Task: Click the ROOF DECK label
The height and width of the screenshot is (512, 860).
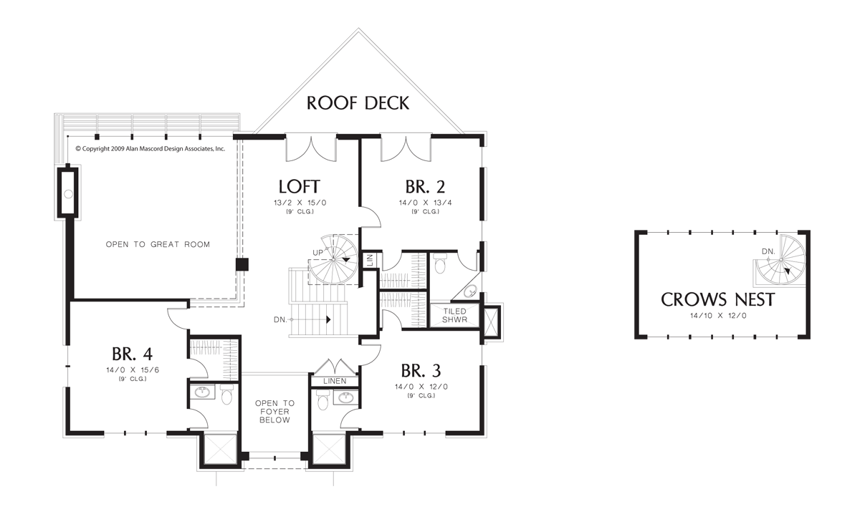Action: (x=358, y=102)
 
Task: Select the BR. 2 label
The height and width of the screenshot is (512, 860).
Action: (x=425, y=187)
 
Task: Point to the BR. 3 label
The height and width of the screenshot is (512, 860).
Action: (x=421, y=371)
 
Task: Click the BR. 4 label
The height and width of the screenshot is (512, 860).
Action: (x=132, y=354)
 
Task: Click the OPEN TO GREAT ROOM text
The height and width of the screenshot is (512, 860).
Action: (x=158, y=245)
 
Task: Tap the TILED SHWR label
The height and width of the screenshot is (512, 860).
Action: (x=454, y=316)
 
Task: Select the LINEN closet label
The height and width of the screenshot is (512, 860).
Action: (x=335, y=381)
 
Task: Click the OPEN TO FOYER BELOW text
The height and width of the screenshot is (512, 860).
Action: (x=275, y=412)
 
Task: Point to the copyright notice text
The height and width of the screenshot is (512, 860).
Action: (x=150, y=149)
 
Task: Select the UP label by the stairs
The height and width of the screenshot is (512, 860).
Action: (x=317, y=253)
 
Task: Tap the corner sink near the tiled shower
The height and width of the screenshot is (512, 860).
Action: (x=470, y=290)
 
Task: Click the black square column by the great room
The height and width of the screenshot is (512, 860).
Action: (x=243, y=264)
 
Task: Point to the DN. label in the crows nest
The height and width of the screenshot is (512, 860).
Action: (x=768, y=251)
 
